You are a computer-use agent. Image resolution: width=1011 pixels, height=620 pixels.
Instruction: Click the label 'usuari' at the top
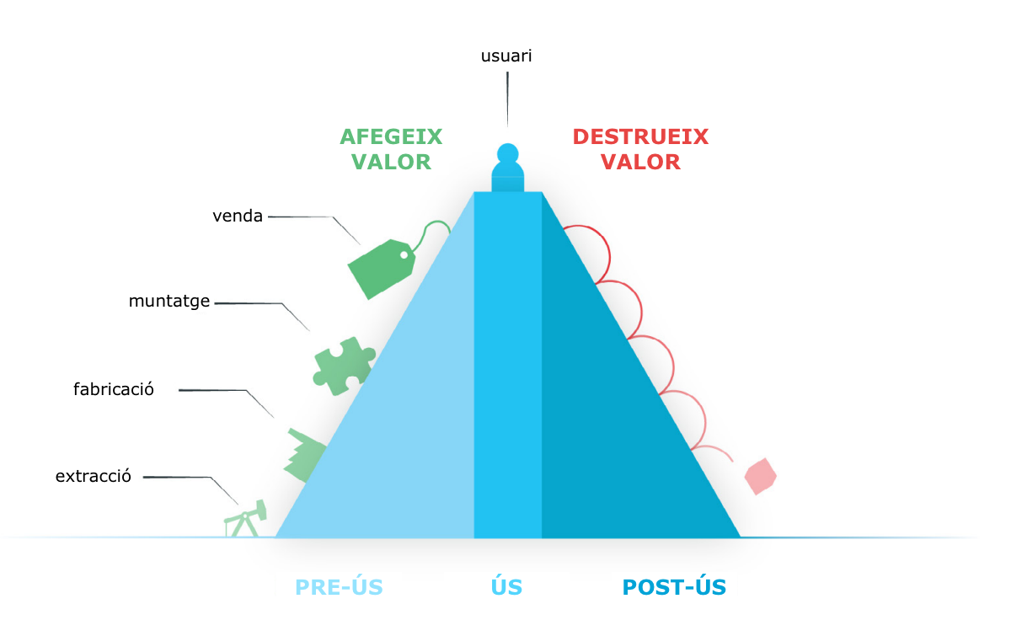pyautogui.click(x=506, y=56)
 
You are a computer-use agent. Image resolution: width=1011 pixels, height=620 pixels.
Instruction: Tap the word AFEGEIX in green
pyautogui.click(x=391, y=136)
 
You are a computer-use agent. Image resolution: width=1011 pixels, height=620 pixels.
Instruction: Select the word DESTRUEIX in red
pyautogui.click(x=640, y=136)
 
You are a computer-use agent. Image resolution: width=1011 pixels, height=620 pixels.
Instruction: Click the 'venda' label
pyautogui.click(x=238, y=216)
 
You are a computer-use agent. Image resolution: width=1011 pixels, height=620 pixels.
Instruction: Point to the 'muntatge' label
pyautogui.click(x=169, y=301)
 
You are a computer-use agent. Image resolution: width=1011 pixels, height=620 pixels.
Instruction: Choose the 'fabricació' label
pyautogui.click(x=113, y=389)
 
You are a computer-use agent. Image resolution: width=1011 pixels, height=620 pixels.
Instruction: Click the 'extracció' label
pyautogui.click(x=93, y=476)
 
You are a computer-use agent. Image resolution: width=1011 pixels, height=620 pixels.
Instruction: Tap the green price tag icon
pyautogui.click(x=382, y=269)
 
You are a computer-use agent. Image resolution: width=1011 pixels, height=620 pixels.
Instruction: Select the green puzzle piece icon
pyautogui.click(x=344, y=366)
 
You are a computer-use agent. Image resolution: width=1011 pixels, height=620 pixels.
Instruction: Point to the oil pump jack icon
pyautogui.click(x=245, y=519)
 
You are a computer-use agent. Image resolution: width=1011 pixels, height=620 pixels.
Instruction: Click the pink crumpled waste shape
pyautogui.click(x=761, y=477)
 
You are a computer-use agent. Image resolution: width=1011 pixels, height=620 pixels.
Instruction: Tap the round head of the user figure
pyautogui.click(x=508, y=153)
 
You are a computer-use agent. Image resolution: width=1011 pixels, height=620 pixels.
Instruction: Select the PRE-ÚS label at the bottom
pyautogui.click(x=339, y=587)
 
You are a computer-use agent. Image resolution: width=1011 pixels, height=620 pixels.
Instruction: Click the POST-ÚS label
pyautogui.click(x=674, y=587)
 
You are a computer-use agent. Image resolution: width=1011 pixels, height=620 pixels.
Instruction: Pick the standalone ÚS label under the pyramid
pyautogui.click(x=506, y=587)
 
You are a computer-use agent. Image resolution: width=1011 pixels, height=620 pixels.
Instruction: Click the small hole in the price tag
pyautogui.click(x=404, y=255)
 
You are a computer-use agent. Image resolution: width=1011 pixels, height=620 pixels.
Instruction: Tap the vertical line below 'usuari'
pyautogui.click(x=507, y=99)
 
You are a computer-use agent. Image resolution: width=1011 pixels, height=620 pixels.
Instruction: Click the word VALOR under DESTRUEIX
pyautogui.click(x=640, y=162)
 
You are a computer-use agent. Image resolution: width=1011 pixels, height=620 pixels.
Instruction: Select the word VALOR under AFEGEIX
pyautogui.click(x=391, y=162)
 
